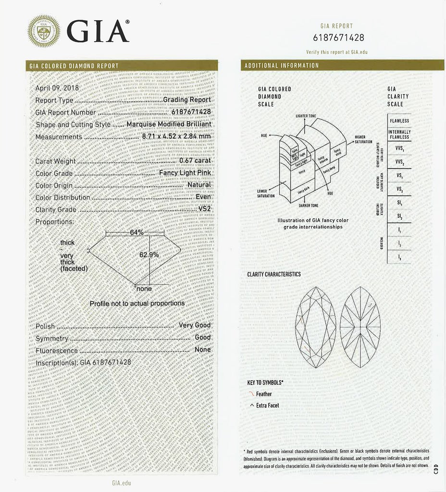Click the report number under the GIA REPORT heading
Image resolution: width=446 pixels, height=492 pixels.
coord(338,38)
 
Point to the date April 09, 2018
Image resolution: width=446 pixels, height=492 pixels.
coord(57,88)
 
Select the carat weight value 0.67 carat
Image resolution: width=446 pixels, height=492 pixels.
coord(195,161)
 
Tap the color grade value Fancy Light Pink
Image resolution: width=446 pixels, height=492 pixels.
coord(185,173)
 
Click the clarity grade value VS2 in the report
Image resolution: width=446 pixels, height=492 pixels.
coord(204,209)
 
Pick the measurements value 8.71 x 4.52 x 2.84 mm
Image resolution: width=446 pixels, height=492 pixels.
coord(176,136)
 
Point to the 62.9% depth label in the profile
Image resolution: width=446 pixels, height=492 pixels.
coord(149,255)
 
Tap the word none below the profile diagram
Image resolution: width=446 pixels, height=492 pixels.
coord(144,289)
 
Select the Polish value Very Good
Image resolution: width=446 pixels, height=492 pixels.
coord(195,325)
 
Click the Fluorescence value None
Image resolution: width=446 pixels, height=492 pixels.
coord(202,349)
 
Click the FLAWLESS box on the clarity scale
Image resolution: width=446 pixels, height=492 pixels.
coord(399,121)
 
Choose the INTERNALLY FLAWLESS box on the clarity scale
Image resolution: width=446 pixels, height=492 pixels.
coord(399,134)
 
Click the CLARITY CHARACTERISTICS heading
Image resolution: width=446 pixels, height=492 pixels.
coord(273,274)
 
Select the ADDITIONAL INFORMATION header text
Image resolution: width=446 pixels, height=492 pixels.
coord(282,65)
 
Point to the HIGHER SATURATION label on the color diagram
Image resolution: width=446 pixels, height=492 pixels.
coord(363,139)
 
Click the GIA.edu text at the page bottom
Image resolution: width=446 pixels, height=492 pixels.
coord(121,483)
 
